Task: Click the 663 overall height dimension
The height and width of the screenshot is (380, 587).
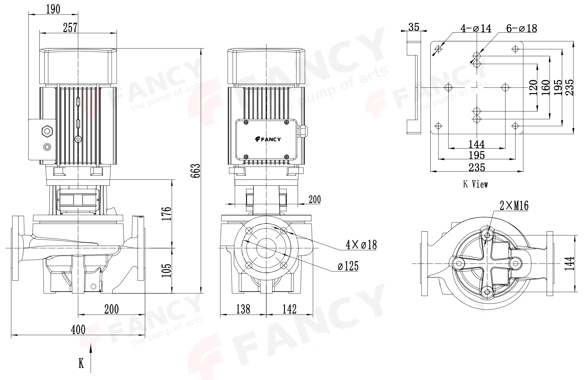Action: pyautogui.click(x=195, y=171)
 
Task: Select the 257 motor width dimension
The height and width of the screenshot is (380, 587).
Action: pyautogui.click(x=70, y=28)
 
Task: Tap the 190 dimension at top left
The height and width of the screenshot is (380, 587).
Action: pyautogui.click(x=53, y=9)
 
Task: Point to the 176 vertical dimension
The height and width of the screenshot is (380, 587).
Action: pyautogui.click(x=167, y=214)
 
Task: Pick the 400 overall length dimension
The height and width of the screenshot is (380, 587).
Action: pyautogui.click(x=78, y=329)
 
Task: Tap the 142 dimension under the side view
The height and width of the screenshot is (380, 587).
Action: pyautogui.click(x=289, y=309)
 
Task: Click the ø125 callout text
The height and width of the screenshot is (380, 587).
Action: pyautogui.click(x=348, y=266)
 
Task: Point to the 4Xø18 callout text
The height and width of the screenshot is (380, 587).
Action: pyautogui.click(x=361, y=245)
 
